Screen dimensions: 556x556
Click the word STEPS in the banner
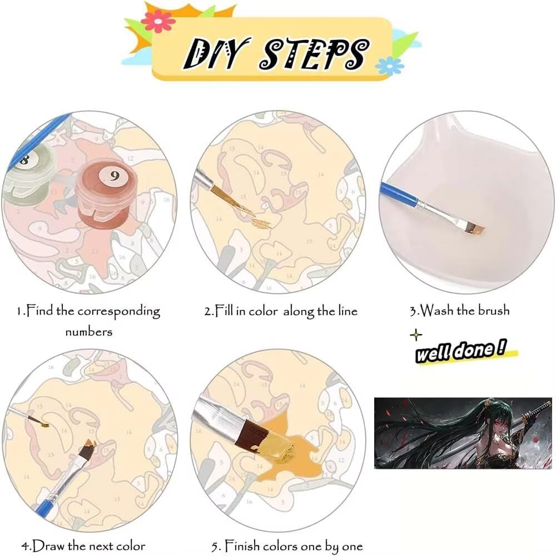coord(315,54)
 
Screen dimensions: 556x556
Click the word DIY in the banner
coord(215,53)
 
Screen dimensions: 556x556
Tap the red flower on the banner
coord(158,21)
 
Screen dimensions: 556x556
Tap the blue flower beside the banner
coord(389,66)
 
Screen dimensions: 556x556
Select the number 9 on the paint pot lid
coord(114,176)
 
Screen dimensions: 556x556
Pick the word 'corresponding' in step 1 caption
coord(119,312)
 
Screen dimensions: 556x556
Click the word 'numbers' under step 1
coord(88,332)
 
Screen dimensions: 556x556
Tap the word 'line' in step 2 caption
coord(348,311)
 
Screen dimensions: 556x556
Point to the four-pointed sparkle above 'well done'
coord(416,335)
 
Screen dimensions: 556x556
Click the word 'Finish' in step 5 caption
coord(242,545)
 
